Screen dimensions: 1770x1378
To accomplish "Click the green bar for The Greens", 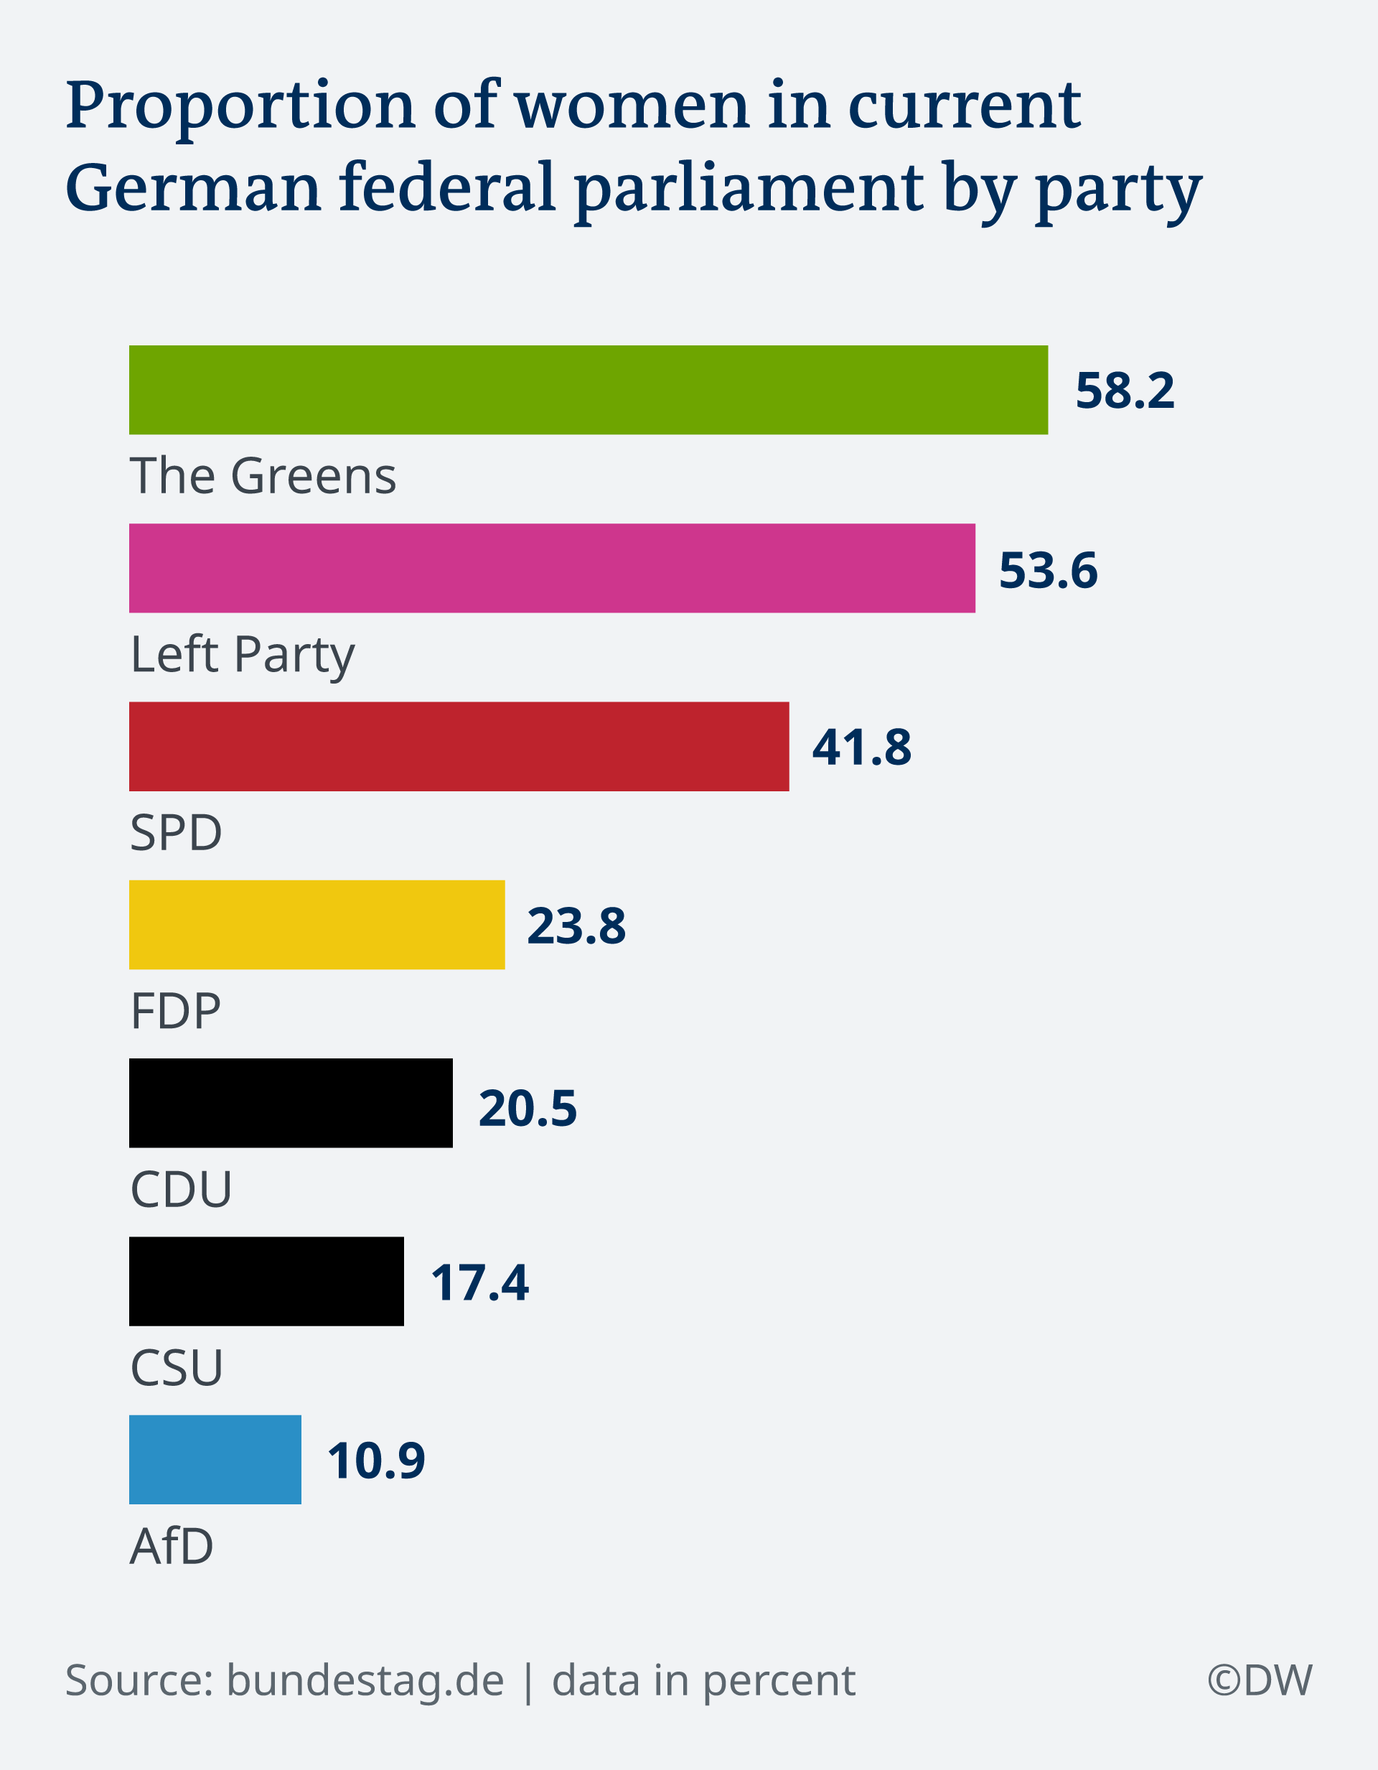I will tap(588, 390).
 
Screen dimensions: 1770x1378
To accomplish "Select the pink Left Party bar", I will tap(552, 568).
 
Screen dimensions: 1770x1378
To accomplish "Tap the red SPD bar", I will tap(459, 746).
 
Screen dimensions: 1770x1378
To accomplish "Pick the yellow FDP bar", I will tap(317, 925).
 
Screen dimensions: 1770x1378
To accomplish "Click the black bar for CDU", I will tap(291, 1103).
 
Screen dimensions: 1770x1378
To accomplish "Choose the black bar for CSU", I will tap(266, 1281).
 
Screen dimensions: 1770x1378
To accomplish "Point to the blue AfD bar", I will tap(215, 1460).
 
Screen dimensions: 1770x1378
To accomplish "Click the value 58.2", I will tap(1125, 391).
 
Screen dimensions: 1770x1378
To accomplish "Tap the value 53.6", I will tap(1049, 569).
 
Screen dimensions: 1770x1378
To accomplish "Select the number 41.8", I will tap(861, 747).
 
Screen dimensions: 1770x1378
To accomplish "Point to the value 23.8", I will tap(576, 926).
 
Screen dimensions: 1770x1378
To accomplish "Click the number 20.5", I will tap(528, 1108).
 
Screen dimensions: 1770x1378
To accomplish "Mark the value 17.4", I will tap(479, 1283).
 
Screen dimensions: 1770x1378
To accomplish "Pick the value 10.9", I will tap(376, 1461).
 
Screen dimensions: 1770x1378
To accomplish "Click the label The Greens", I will tap(263, 476).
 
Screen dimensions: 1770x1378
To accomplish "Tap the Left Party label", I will tap(242, 655).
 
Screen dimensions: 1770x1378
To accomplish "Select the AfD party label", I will tap(172, 1545).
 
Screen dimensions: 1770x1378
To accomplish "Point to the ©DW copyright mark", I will tap(1260, 1680).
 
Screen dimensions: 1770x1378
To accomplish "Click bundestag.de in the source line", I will tap(365, 1680).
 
